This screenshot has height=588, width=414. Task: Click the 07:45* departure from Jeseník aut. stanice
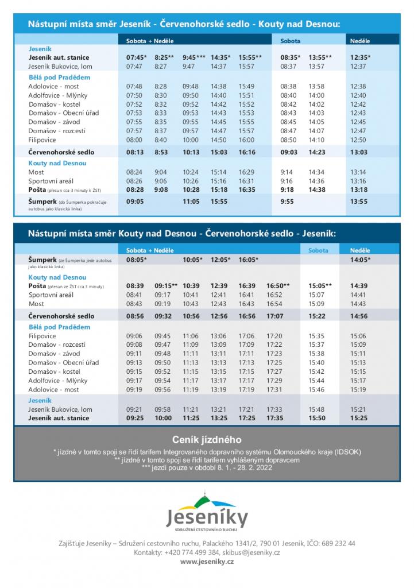coord(137,57)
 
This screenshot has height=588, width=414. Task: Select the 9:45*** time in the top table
coord(194,57)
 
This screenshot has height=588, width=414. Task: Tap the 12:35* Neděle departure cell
coord(361,57)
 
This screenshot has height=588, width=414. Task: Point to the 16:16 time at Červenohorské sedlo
coord(246,152)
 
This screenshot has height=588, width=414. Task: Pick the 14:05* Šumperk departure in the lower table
coord(360,260)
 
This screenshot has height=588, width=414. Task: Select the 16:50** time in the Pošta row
coord(278,285)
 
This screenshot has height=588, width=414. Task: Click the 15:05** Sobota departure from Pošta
coord(320,285)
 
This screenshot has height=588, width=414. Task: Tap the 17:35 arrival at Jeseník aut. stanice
coord(275,418)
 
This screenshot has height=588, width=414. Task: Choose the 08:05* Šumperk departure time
coord(137,260)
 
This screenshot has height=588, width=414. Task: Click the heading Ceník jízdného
coord(207,440)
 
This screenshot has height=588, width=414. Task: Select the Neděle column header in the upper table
coord(360,41)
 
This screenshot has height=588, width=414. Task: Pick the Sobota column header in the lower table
coord(319,250)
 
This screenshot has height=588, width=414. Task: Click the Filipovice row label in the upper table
coord(42,140)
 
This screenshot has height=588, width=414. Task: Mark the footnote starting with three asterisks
coord(207,467)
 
